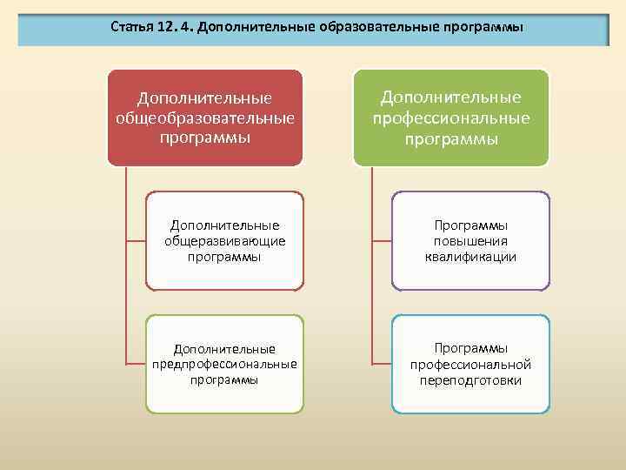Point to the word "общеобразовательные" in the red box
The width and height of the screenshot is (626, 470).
pos(205,117)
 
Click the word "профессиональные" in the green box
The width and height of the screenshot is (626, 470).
pos(451,117)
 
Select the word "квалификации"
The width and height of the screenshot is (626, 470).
pos(470,257)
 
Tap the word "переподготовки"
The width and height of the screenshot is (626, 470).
pos(470,380)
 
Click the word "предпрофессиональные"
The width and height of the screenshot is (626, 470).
pos(224,364)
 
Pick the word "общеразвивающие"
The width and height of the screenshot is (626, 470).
pos(224,241)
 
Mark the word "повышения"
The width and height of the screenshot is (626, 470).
pos(470,241)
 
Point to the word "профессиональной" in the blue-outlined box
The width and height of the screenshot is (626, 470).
pos(470,364)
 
